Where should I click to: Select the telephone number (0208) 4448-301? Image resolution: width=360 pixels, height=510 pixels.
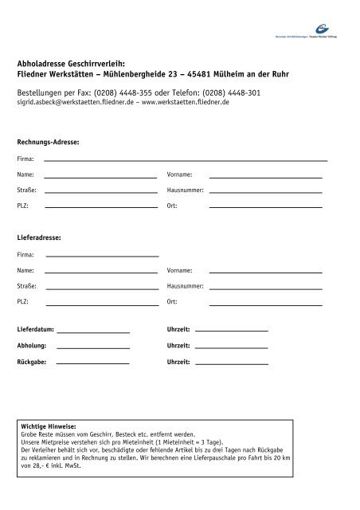227,92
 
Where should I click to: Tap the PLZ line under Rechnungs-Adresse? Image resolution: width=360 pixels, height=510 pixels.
100,207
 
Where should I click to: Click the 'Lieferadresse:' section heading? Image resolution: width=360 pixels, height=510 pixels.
39,237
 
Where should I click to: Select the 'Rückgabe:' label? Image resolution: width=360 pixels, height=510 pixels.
32,363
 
